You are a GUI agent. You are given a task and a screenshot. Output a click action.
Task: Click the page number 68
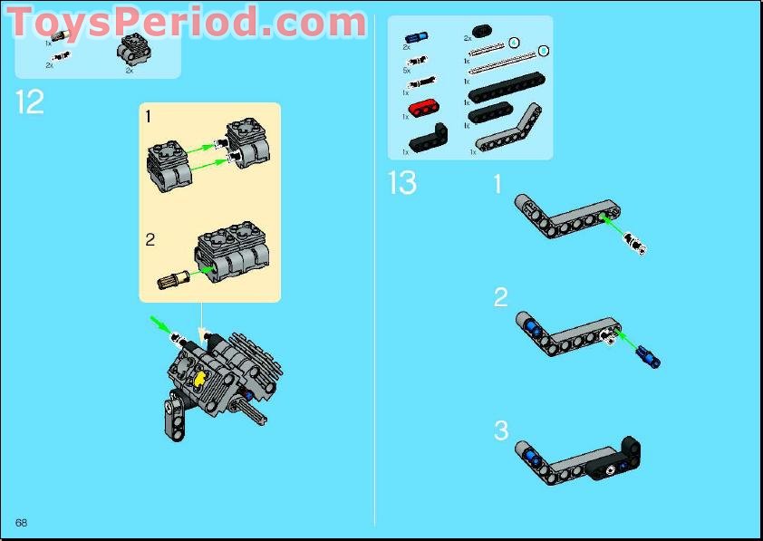(x=21, y=523)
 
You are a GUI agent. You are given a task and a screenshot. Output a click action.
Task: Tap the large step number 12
(x=29, y=101)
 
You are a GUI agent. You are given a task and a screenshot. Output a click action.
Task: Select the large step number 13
(x=401, y=183)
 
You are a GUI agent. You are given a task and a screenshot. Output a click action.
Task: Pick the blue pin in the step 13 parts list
(x=416, y=38)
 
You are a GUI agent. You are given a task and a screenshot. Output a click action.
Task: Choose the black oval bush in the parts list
(x=481, y=31)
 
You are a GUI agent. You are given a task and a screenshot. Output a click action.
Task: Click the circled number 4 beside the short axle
(x=514, y=42)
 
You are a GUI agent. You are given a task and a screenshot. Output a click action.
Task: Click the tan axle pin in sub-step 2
(x=173, y=275)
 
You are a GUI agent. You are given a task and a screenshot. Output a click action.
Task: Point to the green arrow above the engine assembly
(x=159, y=322)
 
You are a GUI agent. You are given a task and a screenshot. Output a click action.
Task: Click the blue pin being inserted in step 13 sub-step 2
(x=648, y=355)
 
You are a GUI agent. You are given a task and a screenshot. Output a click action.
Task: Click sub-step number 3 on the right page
(x=501, y=430)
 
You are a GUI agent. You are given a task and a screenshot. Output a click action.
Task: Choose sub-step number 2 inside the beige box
(x=150, y=240)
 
